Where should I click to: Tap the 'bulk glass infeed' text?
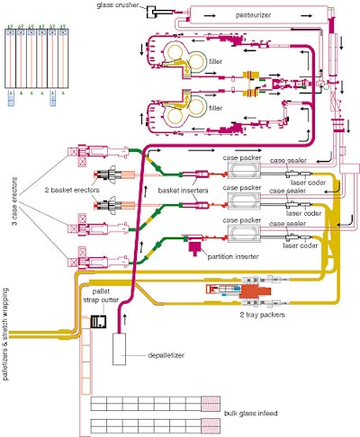click(254, 415)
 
